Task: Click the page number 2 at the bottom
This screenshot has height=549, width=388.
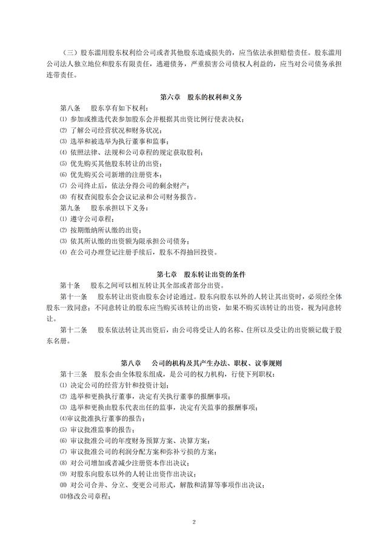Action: coord(194,521)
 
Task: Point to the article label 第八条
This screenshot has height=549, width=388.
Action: coord(70,107)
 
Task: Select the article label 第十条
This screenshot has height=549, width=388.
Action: coord(70,285)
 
